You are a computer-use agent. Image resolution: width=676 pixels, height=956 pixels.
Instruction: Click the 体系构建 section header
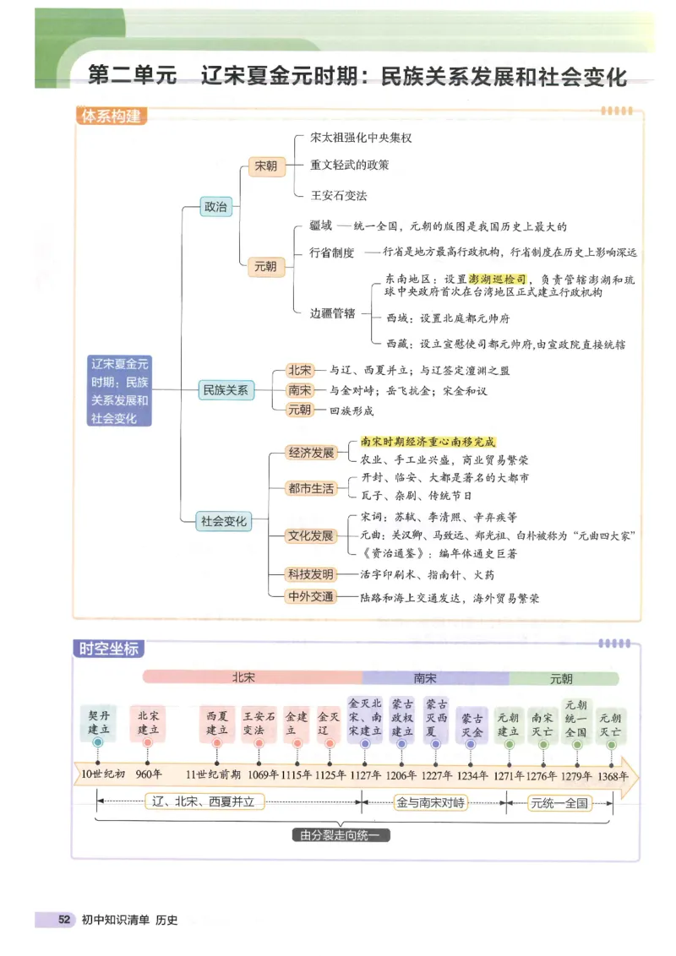tap(111, 116)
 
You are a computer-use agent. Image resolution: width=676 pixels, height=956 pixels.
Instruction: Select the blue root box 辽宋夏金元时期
tap(119, 390)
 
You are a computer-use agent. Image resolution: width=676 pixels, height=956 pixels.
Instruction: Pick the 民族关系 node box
tap(225, 390)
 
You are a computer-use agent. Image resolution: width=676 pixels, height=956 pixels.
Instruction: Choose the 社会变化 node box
tap(224, 522)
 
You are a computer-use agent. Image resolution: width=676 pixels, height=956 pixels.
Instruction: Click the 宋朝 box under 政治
tap(265, 166)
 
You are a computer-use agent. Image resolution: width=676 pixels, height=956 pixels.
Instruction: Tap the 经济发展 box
tap(311, 452)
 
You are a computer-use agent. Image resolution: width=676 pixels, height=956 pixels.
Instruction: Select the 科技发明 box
tap(311, 574)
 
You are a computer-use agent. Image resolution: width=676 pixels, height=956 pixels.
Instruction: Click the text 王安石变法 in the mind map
tap(339, 195)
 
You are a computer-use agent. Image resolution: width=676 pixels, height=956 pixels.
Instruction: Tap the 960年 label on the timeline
tap(148, 774)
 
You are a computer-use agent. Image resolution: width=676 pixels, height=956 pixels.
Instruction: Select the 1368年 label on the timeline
tap(612, 774)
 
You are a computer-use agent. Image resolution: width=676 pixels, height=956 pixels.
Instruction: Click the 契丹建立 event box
tap(99, 723)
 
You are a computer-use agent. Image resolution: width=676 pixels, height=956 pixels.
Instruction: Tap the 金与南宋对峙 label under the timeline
tap(431, 803)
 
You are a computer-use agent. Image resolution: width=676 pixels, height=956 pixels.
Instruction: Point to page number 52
tap(63, 920)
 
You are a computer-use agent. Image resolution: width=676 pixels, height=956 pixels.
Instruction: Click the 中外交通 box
tap(311, 597)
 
